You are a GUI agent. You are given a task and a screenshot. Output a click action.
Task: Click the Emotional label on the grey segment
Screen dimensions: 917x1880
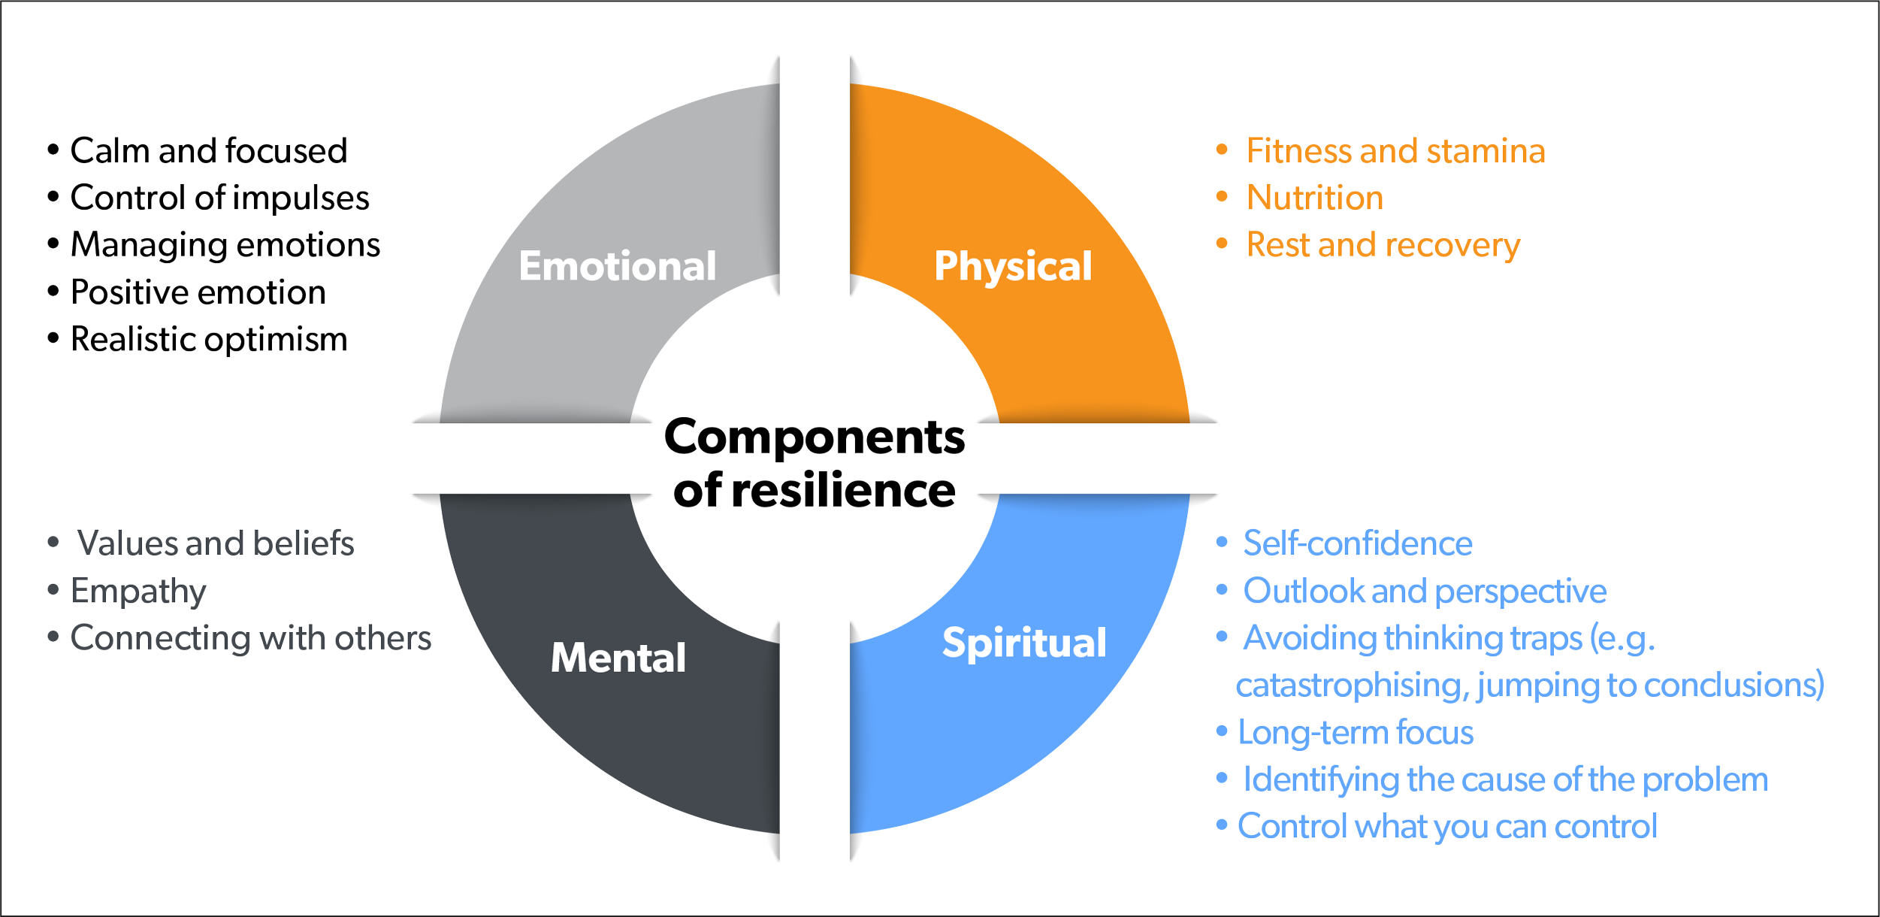617,266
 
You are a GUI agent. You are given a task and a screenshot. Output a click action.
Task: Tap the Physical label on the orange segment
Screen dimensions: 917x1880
1013,266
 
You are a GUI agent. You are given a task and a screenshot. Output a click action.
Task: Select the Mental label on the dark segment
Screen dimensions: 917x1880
618,658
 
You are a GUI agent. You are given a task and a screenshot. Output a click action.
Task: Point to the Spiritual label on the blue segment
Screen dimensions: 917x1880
1024,643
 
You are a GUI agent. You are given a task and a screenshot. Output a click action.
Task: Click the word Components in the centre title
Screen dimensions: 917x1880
815,437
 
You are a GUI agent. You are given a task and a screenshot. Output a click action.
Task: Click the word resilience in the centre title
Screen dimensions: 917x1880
843,490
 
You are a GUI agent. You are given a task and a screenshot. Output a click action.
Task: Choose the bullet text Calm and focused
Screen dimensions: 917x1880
208,151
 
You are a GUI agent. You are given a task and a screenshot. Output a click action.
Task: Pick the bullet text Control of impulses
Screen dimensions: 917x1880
219,198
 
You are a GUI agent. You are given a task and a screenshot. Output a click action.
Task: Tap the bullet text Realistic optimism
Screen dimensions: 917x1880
209,340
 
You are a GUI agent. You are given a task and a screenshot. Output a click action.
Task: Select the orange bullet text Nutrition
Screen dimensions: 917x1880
1314,198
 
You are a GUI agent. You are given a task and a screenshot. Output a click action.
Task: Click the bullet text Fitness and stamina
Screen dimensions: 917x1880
1395,151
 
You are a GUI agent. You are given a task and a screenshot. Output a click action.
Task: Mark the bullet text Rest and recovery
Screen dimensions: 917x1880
1383,245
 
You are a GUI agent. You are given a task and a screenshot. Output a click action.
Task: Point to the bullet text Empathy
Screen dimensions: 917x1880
138,592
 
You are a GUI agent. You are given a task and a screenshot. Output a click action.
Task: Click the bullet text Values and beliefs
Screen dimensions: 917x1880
215,543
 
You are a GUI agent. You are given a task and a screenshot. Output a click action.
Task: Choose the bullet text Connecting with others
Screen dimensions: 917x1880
251,638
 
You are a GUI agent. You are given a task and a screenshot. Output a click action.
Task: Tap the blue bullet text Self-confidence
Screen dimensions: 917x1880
1357,543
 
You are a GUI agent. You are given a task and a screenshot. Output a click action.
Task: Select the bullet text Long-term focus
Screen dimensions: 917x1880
1356,733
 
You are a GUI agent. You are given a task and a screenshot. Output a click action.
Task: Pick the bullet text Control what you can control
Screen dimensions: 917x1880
1447,827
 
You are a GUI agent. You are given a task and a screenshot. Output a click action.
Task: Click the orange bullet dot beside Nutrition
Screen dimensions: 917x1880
1222,197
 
